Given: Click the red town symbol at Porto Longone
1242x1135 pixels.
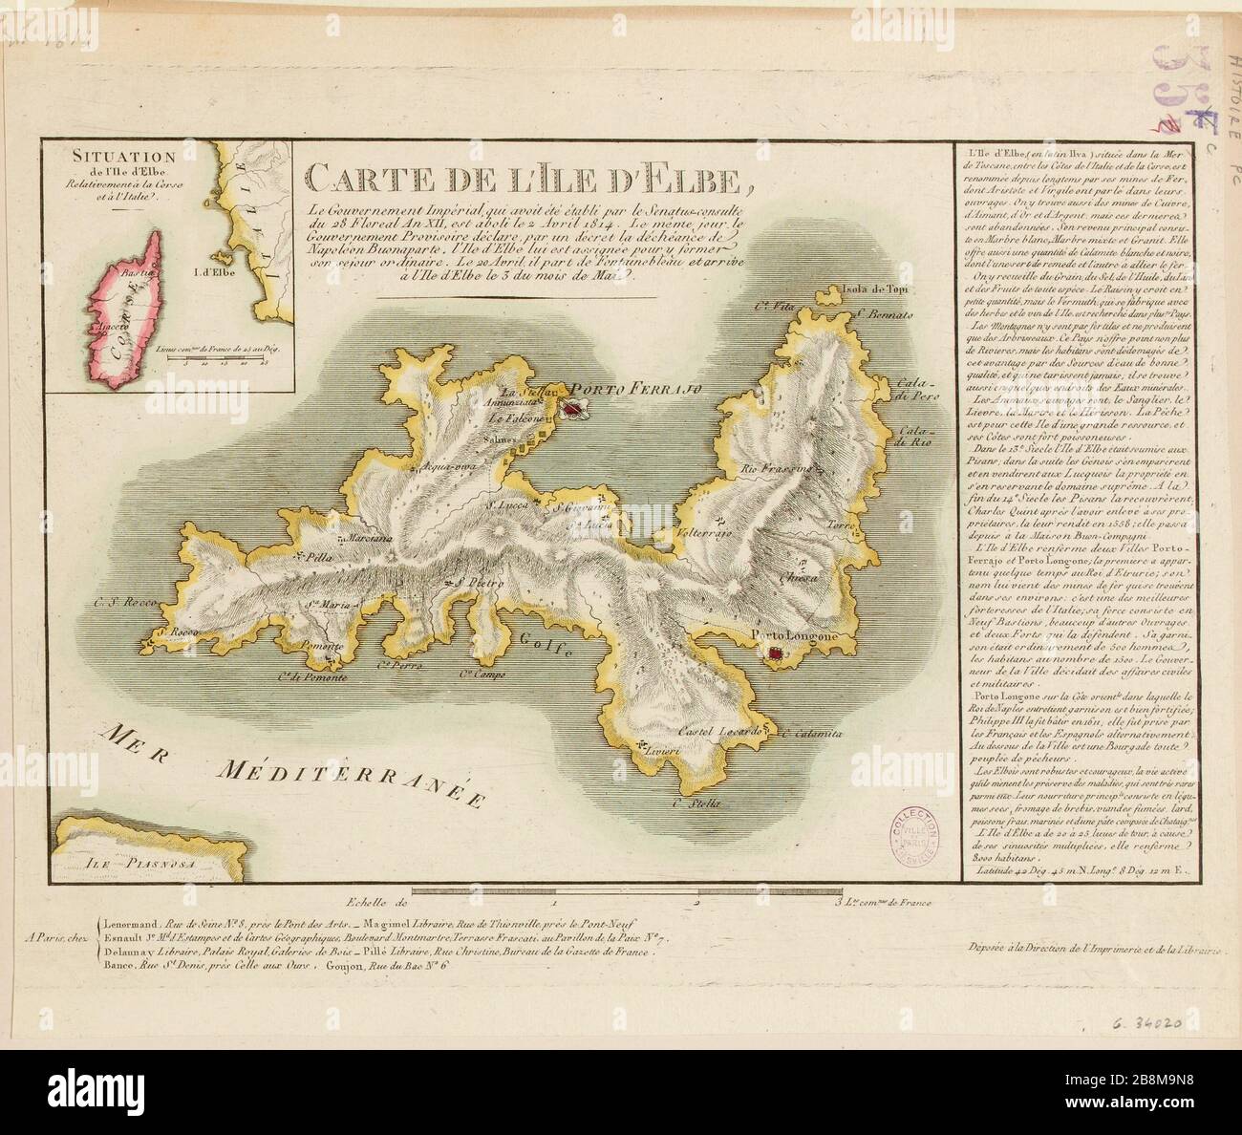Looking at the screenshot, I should pyautogui.click(x=776, y=653).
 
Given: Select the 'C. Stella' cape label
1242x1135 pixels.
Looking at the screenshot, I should pyautogui.click(x=694, y=803).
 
